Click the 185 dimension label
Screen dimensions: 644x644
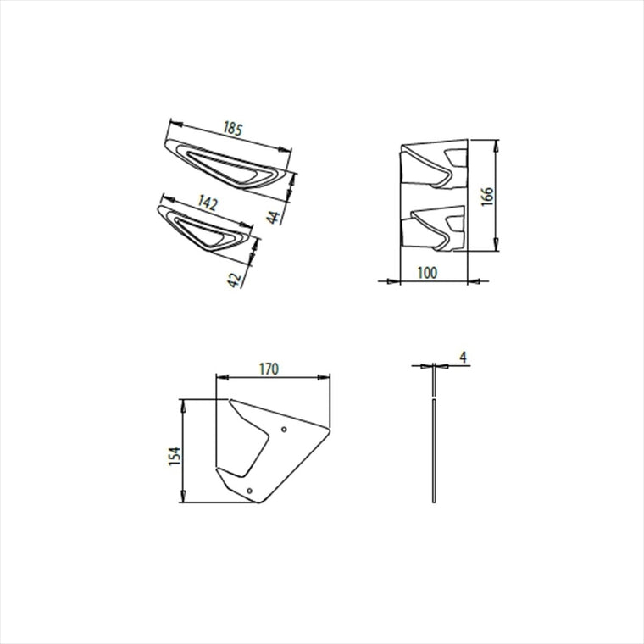[x=233, y=129]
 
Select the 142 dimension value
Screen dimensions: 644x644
[x=208, y=203]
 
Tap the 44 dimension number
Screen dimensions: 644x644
[x=273, y=217]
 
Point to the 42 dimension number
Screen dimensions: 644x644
[x=234, y=280]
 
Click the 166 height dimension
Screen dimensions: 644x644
[x=487, y=197]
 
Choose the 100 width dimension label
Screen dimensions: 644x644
[x=428, y=273]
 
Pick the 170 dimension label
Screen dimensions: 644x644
[x=269, y=369]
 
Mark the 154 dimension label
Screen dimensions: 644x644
[x=175, y=456]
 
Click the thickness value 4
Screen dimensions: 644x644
[x=464, y=358]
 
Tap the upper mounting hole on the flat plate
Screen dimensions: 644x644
[x=284, y=430]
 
